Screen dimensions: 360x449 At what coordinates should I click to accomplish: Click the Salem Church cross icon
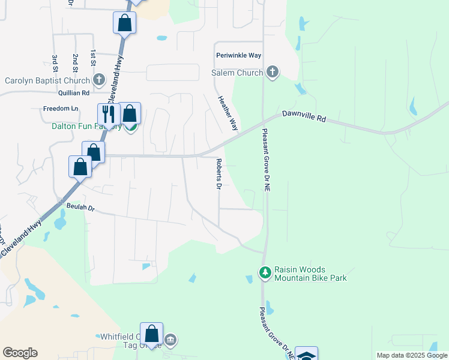pyautogui.click(x=273, y=73)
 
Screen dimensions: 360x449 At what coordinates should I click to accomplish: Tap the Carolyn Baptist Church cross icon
pyautogui.click(x=99, y=80)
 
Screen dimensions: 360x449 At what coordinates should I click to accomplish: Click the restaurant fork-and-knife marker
pyautogui.click(x=109, y=114)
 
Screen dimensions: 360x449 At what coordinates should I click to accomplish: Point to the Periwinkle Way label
pyautogui.click(x=238, y=55)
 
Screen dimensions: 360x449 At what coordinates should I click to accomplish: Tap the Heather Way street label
pyautogui.click(x=228, y=113)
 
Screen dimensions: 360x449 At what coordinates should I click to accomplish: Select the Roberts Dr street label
pyautogui.click(x=219, y=175)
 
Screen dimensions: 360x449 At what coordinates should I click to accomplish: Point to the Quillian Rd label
pyautogui.click(x=74, y=93)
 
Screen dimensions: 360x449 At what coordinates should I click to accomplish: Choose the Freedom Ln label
pyautogui.click(x=61, y=109)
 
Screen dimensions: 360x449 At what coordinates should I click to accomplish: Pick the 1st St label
pyautogui.click(x=93, y=58)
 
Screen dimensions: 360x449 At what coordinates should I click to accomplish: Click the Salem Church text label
pyautogui.click(x=237, y=73)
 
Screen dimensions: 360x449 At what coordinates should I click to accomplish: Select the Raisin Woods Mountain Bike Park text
pyautogui.click(x=310, y=274)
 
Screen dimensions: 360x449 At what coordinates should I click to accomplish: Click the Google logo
pyautogui.click(x=20, y=353)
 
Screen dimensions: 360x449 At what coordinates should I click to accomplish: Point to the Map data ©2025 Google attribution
pyautogui.click(x=411, y=355)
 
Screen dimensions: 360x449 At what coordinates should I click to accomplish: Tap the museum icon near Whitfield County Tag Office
pyautogui.click(x=170, y=341)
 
